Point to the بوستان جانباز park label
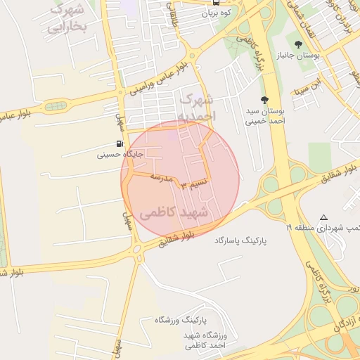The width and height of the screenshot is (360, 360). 298,55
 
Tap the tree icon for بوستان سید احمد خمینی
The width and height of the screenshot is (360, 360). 264,100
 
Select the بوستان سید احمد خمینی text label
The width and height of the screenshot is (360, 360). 267,115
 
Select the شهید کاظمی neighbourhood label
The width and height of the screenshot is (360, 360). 175,212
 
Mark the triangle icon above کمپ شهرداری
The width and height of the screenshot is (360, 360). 323,217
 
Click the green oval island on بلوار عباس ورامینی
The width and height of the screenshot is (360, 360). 56,106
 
